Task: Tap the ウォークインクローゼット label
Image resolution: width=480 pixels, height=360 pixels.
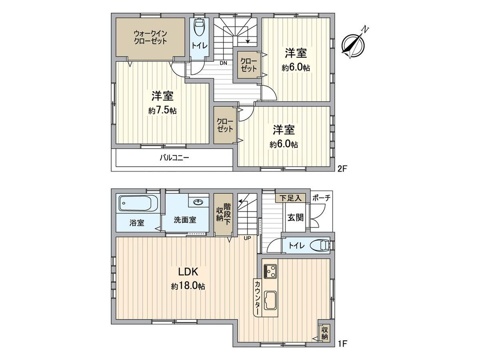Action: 150,37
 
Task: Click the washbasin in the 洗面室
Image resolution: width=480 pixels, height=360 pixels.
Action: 198,203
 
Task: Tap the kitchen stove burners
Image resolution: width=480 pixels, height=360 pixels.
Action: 270,270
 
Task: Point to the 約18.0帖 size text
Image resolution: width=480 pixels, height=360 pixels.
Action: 188,287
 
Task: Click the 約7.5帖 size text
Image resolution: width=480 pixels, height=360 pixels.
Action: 162,111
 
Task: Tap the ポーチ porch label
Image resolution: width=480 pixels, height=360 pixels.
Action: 320,198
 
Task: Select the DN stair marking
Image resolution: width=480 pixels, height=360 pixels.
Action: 223,63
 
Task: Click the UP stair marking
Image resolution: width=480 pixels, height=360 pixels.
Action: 247,238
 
